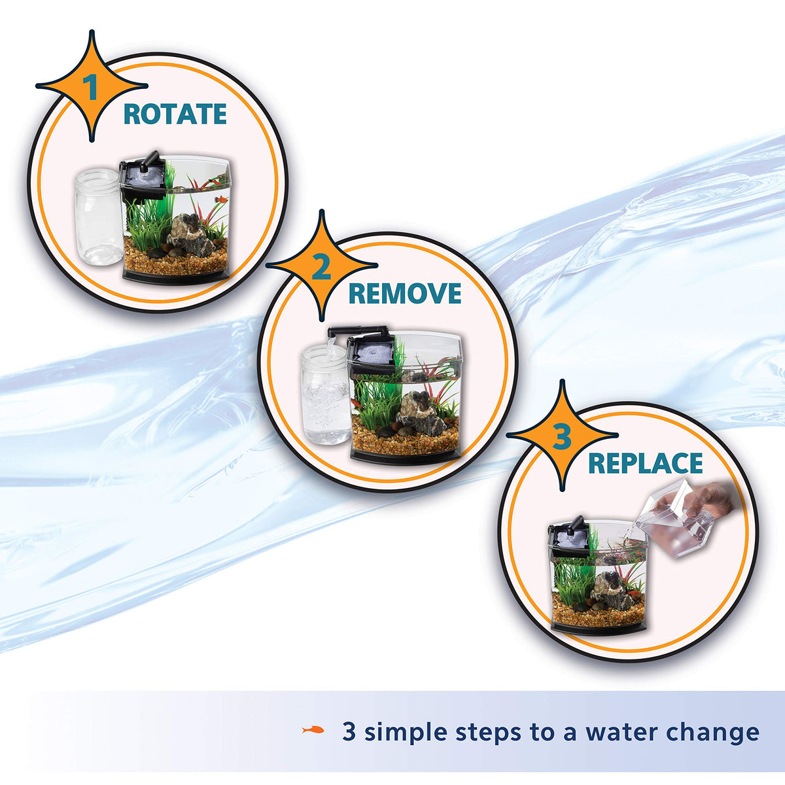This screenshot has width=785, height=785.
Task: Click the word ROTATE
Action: [175, 114]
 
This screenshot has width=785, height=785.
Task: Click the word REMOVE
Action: [405, 294]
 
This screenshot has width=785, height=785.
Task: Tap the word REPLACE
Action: [646, 463]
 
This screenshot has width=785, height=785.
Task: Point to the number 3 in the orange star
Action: [563, 437]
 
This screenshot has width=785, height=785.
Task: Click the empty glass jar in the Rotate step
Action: [97, 217]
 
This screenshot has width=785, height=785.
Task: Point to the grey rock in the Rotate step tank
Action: [190, 236]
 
